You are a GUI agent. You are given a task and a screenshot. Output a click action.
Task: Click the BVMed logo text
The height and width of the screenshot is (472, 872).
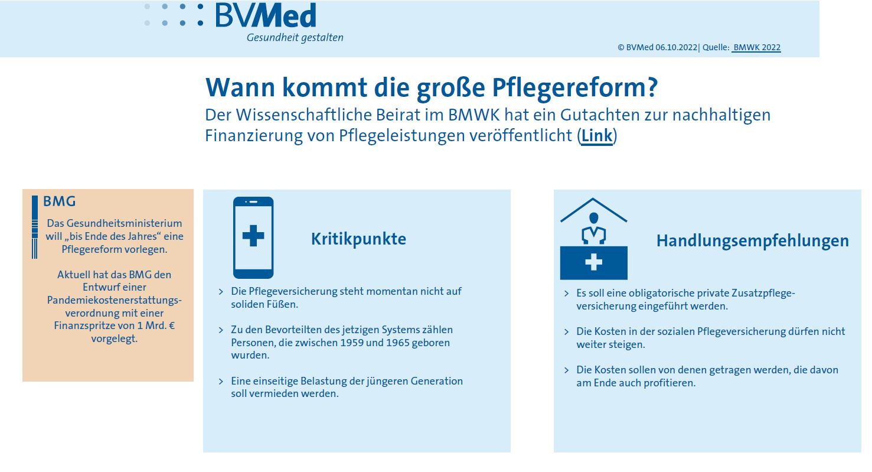tap(266, 15)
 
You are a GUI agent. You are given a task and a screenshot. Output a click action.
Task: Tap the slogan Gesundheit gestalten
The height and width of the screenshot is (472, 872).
tap(295, 38)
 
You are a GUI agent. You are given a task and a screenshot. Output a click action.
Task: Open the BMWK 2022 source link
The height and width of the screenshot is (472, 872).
tap(756, 47)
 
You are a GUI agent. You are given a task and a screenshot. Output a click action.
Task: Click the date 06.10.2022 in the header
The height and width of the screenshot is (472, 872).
tap(676, 47)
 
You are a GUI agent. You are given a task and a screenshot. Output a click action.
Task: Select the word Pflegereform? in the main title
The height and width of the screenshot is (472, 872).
tap(575, 87)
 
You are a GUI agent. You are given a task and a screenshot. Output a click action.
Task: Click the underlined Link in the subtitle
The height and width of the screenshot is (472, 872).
tap(597, 135)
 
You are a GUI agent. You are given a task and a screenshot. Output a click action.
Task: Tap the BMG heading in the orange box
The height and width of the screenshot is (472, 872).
tap(59, 201)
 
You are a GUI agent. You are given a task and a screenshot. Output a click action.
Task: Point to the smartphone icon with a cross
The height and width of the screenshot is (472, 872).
tap(253, 237)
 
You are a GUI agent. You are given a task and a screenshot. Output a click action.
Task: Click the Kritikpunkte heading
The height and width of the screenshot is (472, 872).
tap(358, 239)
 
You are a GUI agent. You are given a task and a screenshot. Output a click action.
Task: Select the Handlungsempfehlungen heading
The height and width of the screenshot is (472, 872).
tap(753, 240)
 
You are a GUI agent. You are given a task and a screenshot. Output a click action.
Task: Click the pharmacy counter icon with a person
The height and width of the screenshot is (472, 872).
tap(594, 239)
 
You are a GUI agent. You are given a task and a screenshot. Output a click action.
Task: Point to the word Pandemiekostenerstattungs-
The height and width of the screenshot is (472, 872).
tap(115, 300)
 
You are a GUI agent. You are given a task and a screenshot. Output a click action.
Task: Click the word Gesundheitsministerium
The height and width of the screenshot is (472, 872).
tap(124, 223)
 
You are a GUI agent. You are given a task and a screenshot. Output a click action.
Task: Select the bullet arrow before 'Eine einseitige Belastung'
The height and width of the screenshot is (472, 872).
tap(221, 381)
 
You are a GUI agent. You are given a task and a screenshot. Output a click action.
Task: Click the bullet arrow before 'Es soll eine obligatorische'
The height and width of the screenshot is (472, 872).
tap(566, 293)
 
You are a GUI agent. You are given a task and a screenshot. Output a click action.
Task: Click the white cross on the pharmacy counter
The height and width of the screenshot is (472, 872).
tap(594, 262)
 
